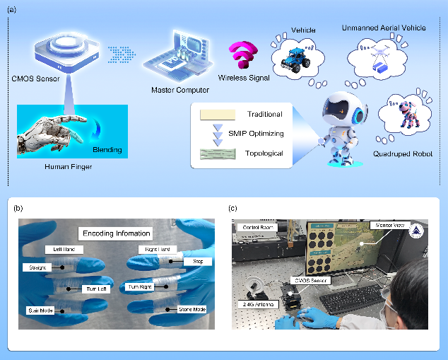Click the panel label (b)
click(x=19, y=208)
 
